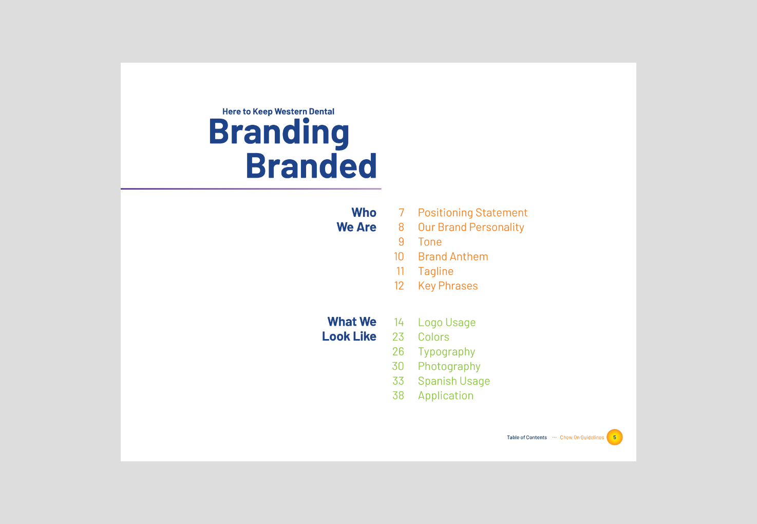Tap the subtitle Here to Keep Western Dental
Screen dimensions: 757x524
pos(278,111)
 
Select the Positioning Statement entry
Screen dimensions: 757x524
pos(472,213)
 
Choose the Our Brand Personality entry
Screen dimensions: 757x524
pos(471,227)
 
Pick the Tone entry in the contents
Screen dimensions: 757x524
pos(429,242)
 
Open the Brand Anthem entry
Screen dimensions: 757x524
pos(453,256)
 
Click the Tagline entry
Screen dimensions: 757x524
pos(436,271)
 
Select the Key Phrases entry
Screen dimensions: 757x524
pos(448,286)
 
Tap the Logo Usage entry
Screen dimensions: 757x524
pos(447,322)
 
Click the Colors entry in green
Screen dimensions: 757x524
pos(433,337)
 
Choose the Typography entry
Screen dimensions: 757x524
pos(446,351)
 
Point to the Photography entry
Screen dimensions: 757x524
pos(449,366)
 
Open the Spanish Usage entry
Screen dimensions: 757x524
pos(454,381)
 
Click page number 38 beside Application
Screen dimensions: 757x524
pos(398,396)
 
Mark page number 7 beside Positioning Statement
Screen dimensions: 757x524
pos(402,213)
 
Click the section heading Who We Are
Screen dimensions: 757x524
pos(356,220)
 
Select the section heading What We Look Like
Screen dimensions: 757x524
pos(349,329)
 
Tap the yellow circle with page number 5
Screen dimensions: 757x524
pos(614,437)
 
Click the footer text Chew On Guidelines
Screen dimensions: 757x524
pos(581,438)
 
